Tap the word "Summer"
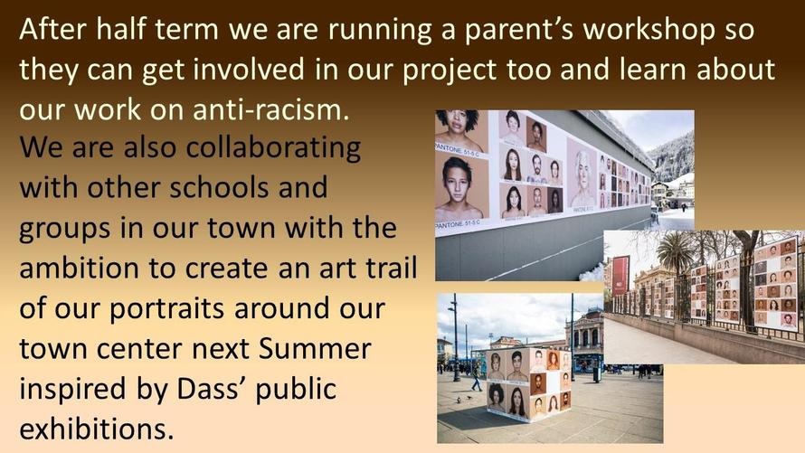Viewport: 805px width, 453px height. click(x=314, y=348)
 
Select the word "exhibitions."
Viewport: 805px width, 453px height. click(x=97, y=429)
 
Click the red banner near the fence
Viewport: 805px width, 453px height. click(x=620, y=275)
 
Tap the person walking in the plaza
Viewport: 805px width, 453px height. click(x=477, y=378)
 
